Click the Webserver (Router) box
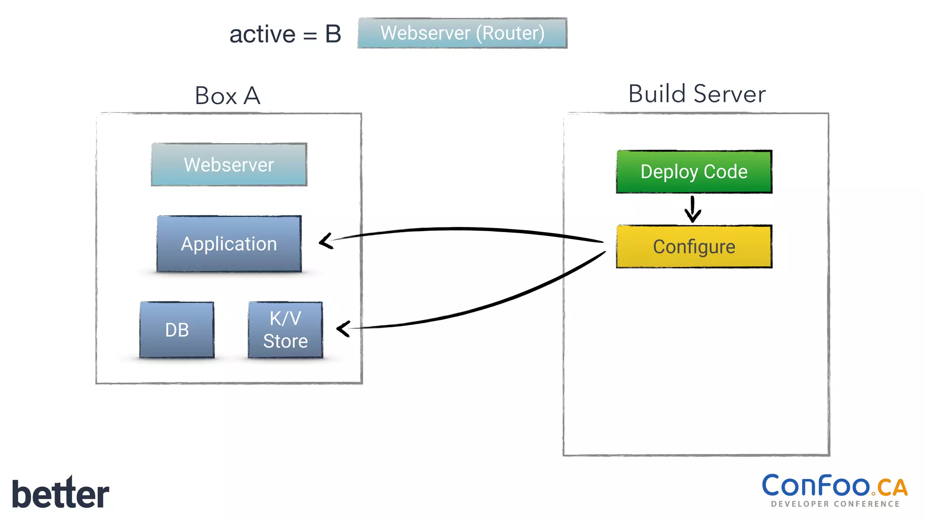click(x=462, y=33)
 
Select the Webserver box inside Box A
click(x=229, y=165)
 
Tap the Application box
click(x=229, y=244)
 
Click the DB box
click(x=177, y=330)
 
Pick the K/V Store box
click(x=285, y=330)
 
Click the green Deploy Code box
click(x=694, y=172)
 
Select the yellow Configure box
click(x=694, y=247)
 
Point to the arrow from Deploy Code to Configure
click(x=692, y=209)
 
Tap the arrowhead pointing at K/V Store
click(x=344, y=329)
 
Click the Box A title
click(x=228, y=96)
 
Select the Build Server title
click(x=696, y=94)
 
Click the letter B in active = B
click(x=333, y=34)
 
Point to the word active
click(x=262, y=35)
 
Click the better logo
click(x=61, y=493)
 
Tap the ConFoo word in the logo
click(x=816, y=486)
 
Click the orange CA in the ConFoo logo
click(x=892, y=487)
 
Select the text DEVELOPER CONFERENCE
click(x=835, y=504)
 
